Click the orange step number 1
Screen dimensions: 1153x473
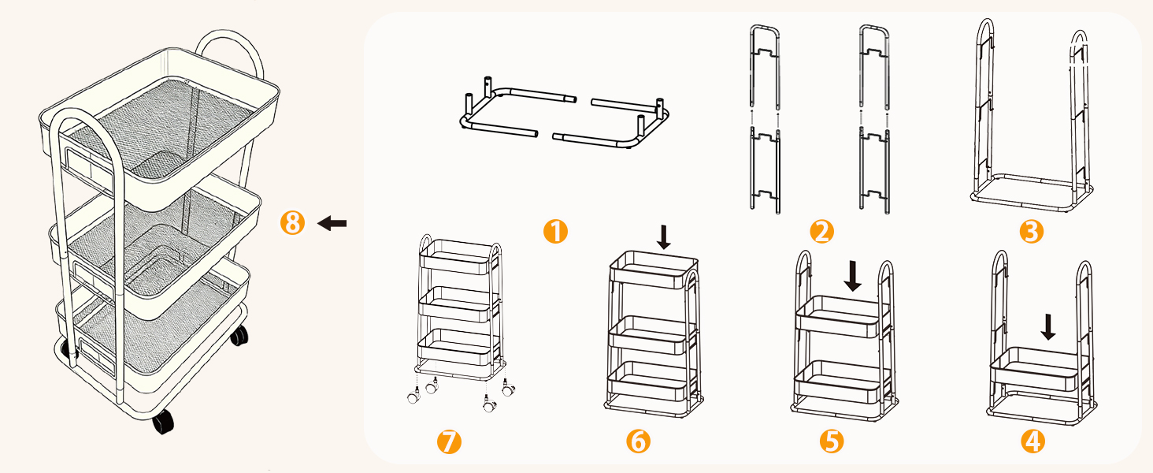[555, 231]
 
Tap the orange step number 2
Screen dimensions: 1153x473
[821, 231]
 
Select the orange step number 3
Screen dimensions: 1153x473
[1032, 231]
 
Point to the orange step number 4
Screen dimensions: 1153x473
[1033, 441]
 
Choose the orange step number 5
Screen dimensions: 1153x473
[832, 441]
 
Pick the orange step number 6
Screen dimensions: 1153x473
[638, 441]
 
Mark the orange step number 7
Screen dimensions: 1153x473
[449, 441]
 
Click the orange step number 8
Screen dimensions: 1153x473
[292, 223]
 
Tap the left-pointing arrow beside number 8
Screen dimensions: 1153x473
[332, 224]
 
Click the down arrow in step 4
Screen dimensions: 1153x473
[1047, 327]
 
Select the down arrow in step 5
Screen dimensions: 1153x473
[852, 276]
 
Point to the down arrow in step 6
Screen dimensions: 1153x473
[664, 237]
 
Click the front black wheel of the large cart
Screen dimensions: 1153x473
[163, 422]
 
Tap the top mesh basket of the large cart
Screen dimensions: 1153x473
[160, 128]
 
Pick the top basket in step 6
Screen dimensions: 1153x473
[653, 270]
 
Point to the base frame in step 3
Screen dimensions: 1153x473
[1031, 193]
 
